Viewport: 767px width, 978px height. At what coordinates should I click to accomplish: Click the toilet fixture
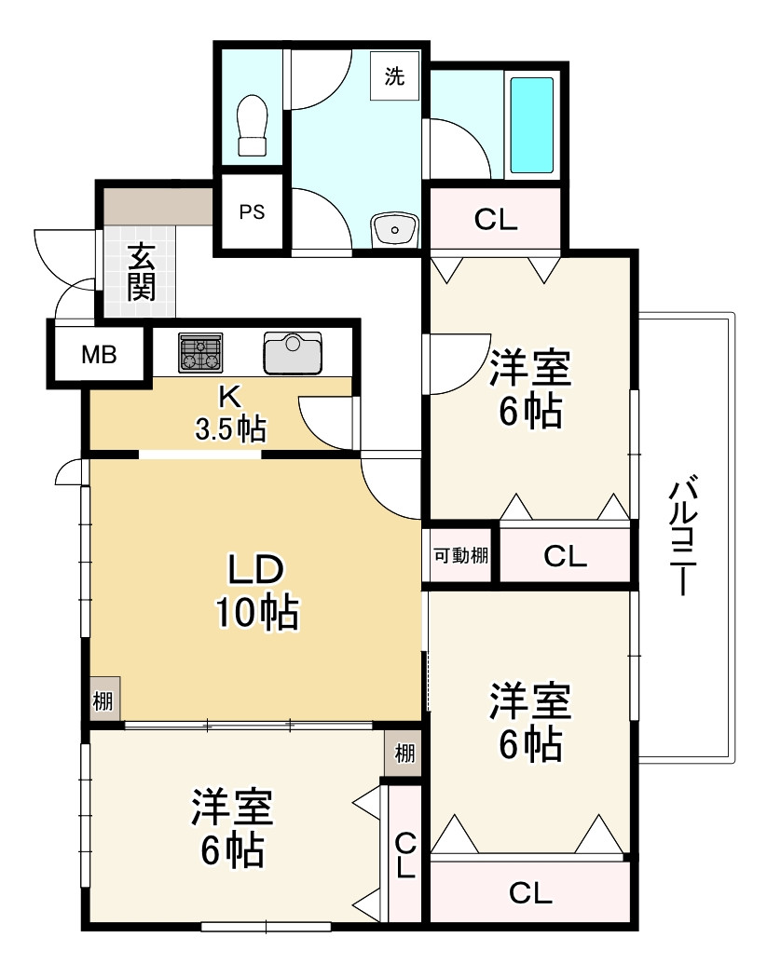253,125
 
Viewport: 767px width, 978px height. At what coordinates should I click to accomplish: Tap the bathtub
531,126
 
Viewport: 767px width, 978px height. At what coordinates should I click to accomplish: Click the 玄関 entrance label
141,271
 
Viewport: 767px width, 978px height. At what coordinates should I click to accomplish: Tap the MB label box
99,355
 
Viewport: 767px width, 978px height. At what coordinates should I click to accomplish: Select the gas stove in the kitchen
201,353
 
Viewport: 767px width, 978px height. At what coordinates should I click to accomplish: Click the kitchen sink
292,352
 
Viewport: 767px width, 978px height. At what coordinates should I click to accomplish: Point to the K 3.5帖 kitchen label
229,413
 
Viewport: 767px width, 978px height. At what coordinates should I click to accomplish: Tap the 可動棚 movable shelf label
460,557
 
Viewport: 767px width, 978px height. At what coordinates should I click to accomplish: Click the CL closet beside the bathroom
495,220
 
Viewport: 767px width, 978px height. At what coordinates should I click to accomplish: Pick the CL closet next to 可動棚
565,557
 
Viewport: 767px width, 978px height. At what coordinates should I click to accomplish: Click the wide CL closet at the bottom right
530,893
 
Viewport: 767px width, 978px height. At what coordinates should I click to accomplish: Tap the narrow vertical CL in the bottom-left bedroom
405,856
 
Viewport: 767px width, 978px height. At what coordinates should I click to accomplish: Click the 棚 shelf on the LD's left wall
104,700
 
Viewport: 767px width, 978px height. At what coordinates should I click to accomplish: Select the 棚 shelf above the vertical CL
404,753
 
